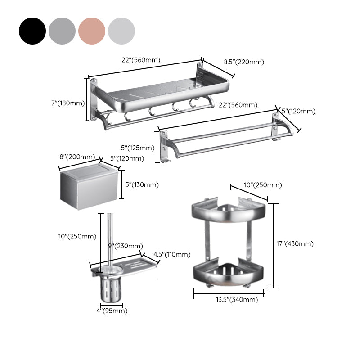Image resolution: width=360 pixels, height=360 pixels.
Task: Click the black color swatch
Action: pos(32,31)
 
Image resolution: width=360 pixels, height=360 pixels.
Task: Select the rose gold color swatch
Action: pos(92,31)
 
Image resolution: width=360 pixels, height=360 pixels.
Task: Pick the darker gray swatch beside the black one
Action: pos(62,31)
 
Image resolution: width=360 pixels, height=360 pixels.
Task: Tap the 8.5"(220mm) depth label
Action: pos(244,63)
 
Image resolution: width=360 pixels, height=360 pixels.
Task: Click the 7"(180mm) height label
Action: pos(67,103)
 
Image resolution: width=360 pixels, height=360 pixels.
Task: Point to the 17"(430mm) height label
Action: pos(295,244)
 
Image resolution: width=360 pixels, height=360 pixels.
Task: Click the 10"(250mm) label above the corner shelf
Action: pos(256,185)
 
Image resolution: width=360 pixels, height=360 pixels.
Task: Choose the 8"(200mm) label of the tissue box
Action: pos(77,157)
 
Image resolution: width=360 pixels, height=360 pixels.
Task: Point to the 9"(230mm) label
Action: pos(125,246)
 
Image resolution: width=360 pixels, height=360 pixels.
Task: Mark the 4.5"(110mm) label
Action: pos(171,254)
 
